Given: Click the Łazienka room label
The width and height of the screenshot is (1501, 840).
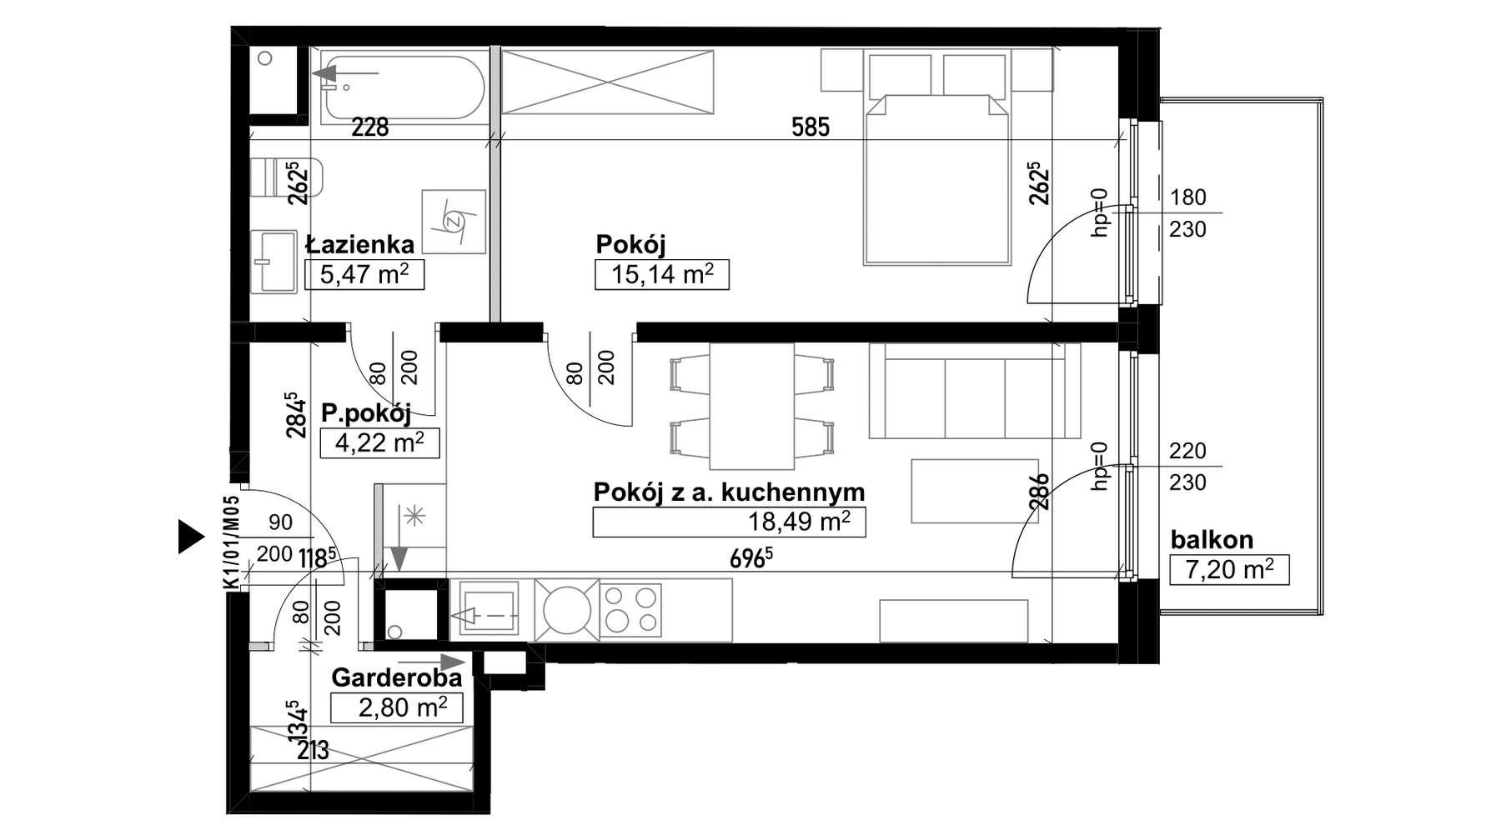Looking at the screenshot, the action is tap(359, 244).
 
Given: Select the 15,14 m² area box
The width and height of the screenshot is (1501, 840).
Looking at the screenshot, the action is tap(662, 274).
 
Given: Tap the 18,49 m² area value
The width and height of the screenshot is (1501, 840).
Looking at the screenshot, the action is tap(799, 522).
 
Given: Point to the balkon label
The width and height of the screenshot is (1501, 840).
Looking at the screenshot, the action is tap(1212, 540).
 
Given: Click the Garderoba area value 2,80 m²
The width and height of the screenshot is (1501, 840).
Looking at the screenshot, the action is tap(403, 707).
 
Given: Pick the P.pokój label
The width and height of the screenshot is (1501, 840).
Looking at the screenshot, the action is tap(366, 414).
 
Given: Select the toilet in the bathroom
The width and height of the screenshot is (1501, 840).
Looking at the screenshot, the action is tap(286, 177).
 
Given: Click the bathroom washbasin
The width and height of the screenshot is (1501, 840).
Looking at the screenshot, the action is tap(274, 262).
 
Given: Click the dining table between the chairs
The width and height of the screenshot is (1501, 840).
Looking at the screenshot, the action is tap(751, 406).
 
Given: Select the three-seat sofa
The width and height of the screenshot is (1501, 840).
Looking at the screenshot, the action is tap(974, 391).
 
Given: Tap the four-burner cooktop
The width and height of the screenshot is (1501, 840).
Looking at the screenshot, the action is tap(630, 609).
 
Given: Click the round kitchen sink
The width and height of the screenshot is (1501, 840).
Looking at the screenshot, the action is tap(567, 610).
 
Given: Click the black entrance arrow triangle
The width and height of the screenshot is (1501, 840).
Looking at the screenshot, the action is tap(191, 537).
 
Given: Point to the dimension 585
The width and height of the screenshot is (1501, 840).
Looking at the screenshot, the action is tap(811, 127).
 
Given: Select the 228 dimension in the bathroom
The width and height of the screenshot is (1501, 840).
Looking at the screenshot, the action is tap(369, 127).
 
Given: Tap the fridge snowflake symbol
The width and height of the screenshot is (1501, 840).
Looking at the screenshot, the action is tap(414, 517).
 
